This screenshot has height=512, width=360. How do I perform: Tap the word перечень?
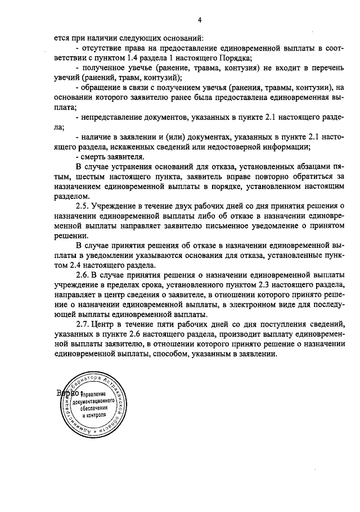point(326,68)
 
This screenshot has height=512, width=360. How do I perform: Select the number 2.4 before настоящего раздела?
point(78,265)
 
